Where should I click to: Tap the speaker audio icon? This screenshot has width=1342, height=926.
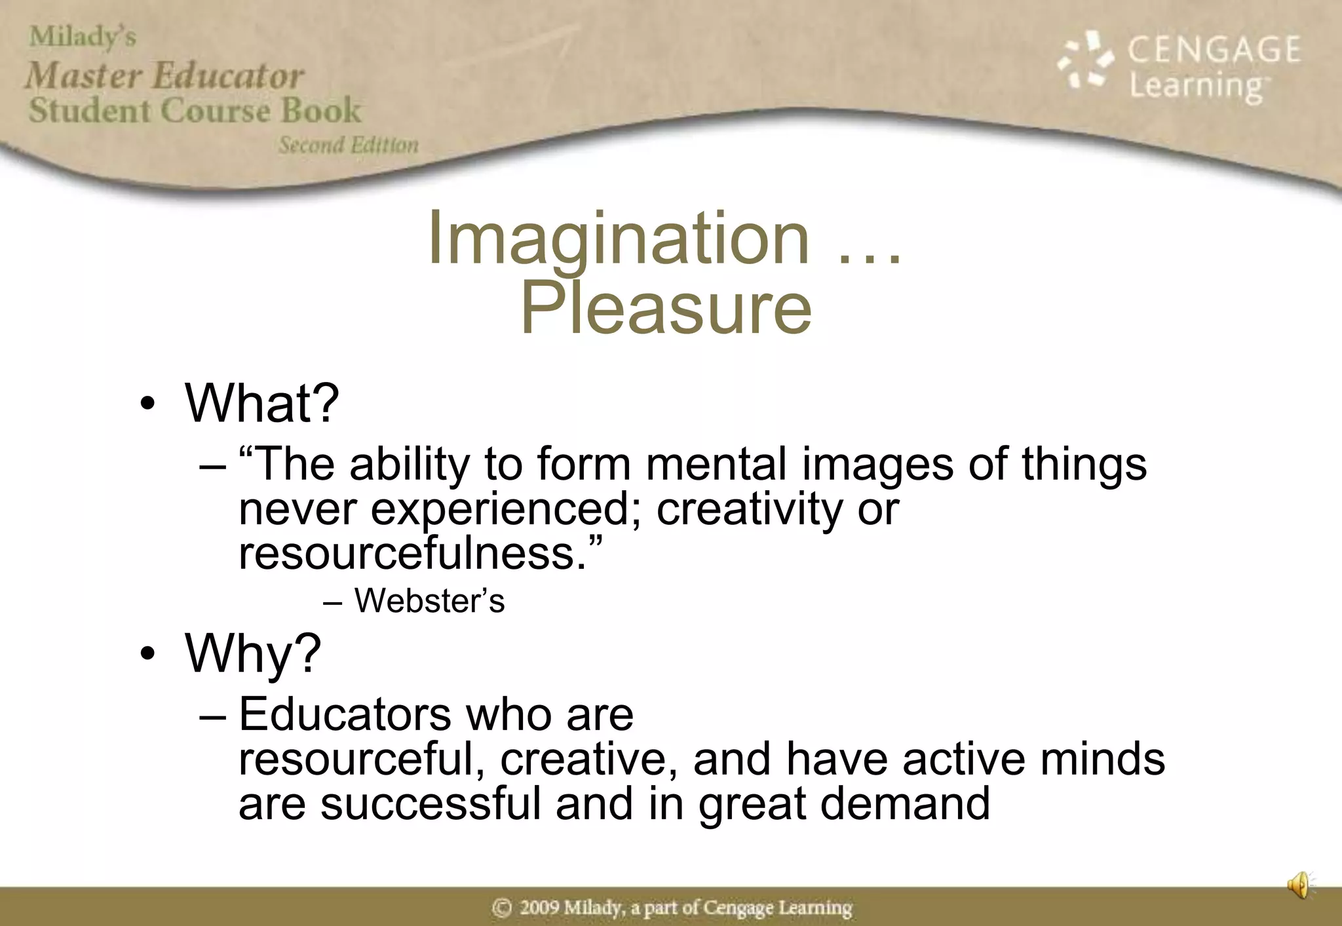tap(1300, 885)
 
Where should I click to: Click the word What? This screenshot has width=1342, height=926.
tap(262, 402)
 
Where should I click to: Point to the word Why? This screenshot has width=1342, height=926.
tap(253, 653)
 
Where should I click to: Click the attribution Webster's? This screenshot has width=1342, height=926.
tap(429, 601)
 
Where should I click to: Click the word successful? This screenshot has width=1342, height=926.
tap(431, 804)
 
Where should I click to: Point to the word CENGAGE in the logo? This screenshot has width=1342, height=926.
tap(1214, 50)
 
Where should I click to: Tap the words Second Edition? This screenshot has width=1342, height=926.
tap(348, 145)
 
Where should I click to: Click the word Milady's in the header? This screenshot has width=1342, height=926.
tap(83, 37)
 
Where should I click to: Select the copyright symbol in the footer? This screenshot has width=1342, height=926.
tap(502, 908)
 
